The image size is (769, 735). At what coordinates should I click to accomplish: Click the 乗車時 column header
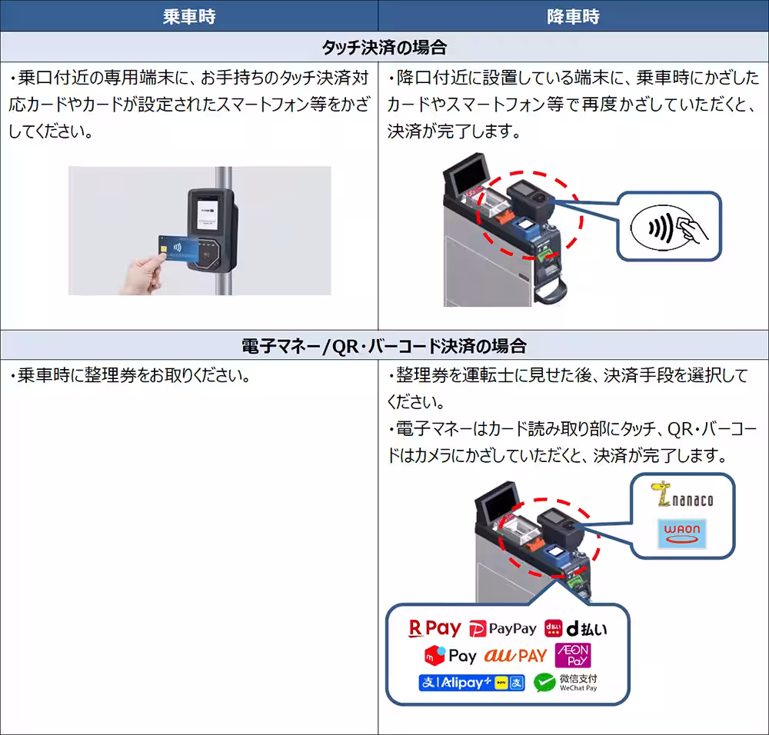click(188, 16)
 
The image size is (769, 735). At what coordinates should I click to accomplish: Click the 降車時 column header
click(573, 16)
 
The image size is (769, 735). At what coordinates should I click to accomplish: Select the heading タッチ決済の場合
click(384, 47)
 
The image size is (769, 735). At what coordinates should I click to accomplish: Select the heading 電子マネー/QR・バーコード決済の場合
click(384, 345)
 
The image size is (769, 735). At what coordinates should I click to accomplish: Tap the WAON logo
click(681, 533)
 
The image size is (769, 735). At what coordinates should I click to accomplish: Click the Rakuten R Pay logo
click(434, 628)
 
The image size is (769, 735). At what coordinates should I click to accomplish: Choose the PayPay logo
click(503, 629)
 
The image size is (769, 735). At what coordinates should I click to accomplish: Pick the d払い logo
click(575, 629)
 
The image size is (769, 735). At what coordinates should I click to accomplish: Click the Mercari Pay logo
click(451, 656)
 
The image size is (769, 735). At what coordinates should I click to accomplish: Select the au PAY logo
click(515, 656)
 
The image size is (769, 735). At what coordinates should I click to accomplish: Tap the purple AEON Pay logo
click(577, 656)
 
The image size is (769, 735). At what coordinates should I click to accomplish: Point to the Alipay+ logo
click(471, 682)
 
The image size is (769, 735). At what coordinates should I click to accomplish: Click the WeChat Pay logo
click(566, 683)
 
